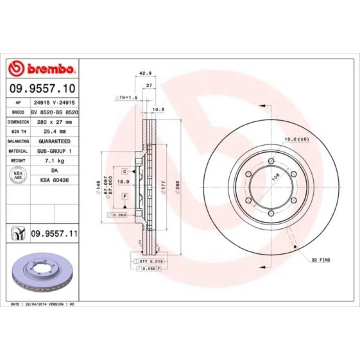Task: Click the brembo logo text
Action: (50, 69)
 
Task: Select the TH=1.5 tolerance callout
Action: (126, 97)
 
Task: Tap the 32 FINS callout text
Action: (321, 260)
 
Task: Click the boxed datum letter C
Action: (125, 171)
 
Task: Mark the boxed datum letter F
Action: (125, 196)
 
